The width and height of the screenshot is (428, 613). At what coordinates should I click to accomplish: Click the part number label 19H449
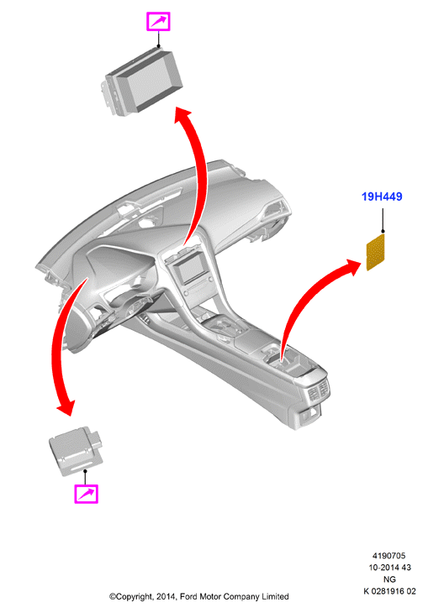click(x=382, y=196)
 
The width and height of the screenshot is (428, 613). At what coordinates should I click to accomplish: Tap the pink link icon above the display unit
click(x=158, y=21)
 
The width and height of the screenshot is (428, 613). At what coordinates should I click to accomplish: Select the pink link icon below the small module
click(x=86, y=494)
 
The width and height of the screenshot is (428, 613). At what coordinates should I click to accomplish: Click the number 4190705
click(x=388, y=556)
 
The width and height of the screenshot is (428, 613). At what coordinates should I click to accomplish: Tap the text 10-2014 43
click(x=389, y=568)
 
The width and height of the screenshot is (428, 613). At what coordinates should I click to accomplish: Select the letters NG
click(x=389, y=579)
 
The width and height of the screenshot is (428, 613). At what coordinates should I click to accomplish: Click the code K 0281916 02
click(x=389, y=590)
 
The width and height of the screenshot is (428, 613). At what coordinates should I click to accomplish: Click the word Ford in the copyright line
click(x=188, y=596)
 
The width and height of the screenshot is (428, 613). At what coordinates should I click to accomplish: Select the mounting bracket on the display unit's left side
click(x=109, y=95)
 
